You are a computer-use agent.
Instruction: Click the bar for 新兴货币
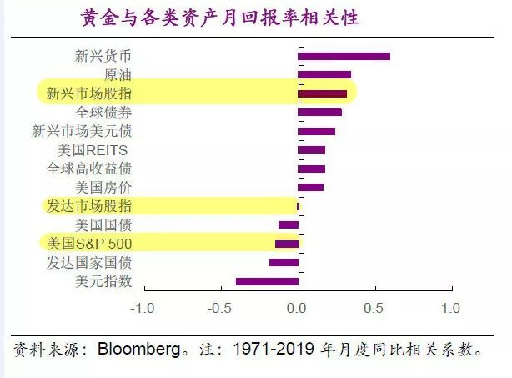pos(344,57)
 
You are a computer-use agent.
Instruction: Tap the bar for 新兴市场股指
pos(322,93)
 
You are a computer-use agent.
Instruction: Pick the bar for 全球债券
pos(319,112)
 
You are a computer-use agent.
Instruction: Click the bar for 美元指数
pos(267,281)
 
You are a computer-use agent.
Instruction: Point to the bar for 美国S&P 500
pos(287,244)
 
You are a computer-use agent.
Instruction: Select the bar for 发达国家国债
pos(284,263)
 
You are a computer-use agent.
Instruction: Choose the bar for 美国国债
pos(289,224)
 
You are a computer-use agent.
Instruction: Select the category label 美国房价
pos(103,187)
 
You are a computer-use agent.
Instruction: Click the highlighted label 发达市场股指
pos(89,206)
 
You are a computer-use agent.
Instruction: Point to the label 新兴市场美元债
pos(82,131)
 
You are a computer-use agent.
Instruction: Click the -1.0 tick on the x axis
pos(143,308)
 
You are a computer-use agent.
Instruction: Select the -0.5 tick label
pos(220,308)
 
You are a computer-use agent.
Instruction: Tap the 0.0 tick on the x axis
pos(298,308)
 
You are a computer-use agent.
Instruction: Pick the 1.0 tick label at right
pos(450,308)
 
